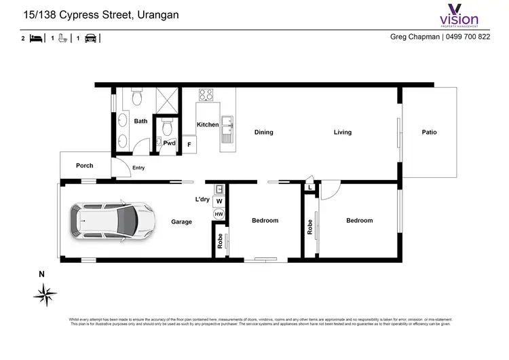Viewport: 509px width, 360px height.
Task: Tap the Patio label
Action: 429,132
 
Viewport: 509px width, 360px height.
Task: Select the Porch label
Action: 85,166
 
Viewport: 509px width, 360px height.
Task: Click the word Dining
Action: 263,132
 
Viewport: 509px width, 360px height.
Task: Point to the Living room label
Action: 342,132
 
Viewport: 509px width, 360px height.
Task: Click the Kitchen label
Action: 208,125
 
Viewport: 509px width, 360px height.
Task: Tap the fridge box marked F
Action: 189,145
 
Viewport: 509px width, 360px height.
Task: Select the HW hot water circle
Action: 219,214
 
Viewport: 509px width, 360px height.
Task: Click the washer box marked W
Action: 219,202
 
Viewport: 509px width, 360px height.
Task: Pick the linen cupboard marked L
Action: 309,187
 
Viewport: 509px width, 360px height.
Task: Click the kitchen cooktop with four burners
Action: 206,95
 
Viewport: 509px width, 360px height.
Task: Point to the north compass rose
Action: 45,293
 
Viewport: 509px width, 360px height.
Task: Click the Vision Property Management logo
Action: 459,15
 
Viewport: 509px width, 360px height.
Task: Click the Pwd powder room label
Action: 169,143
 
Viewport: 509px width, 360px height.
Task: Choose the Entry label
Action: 138,168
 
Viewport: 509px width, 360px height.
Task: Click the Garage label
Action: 181,221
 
